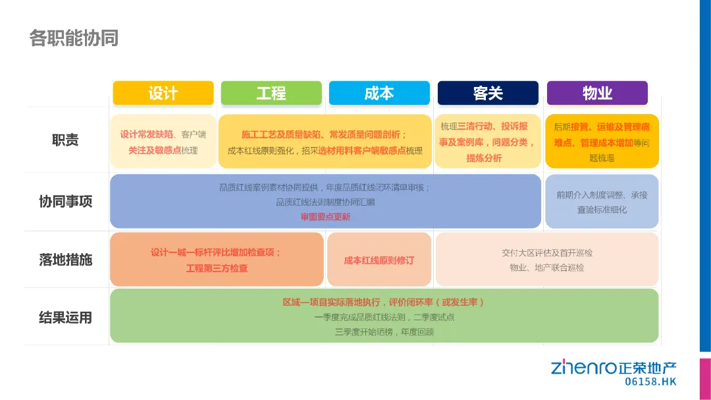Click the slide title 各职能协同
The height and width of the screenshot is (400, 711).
click(x=74, y=38)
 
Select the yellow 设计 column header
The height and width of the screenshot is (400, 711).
click(x=163, y=93)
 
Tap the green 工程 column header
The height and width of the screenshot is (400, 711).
click(x=271, y=93)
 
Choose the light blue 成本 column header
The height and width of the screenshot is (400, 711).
click(x=379, y=93)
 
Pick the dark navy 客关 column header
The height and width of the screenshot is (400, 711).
click(x=488, y=93)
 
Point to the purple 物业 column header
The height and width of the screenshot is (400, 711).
click(x=597, y=93)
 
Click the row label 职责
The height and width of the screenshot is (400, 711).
click(x=65, y=140)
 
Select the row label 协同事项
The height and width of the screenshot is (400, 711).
click(x=65, y=202)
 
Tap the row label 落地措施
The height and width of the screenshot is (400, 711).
click(x=65, y=260)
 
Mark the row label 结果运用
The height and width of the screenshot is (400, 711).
click(x=65, y=318)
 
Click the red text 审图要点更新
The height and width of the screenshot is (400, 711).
click(x=325, y=217)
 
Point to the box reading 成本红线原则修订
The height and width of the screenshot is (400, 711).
click(x=379, y=260)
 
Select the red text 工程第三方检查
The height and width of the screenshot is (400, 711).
click(x=217, y=268)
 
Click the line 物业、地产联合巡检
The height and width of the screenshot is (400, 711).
click(x=546, y=268)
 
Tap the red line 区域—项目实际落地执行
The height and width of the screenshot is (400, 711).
click(x=384, y=302)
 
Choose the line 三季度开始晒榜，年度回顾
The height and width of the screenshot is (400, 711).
click(x=384, y=331)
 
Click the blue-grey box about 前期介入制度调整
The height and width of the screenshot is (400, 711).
click(x=602, y=202)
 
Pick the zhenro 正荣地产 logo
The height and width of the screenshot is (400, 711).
click(x=614, y=367)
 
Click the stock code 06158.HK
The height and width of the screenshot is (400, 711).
click(x=650, y=382)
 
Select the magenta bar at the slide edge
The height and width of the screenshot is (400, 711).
click(x=704, y=379)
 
